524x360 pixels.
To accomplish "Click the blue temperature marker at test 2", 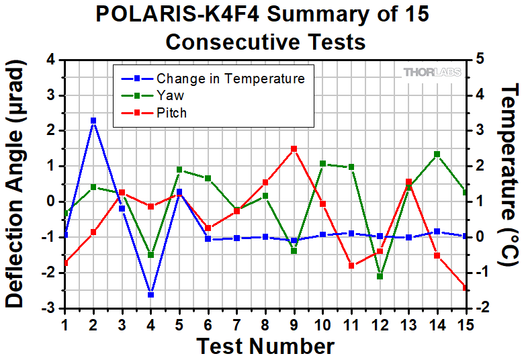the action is pyautogui.click(x=93, y=121).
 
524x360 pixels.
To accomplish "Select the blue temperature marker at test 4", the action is pyautogui.click(x=150, y=295).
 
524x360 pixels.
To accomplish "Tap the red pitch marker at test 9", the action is pyautogui.click(x=294, y=149).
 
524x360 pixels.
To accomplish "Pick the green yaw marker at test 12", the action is pyautogui.click(x=380, y=277).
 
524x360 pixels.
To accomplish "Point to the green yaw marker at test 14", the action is pyautogui.click(x=437, y=154).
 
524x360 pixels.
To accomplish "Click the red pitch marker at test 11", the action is pyautogui.click(x=351, y=266).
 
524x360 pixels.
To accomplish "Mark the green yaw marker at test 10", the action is pyautogui.click(x=323, y=163).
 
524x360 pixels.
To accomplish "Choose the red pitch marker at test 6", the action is pyautogui.click(x=208, y=228).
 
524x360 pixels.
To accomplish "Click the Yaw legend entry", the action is pyautogui.click(x=152, y=96).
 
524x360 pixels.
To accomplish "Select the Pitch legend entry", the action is pyautogui.click(x=154, y=113).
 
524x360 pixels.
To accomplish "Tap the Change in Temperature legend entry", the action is pyautogui.click(x=213, y=79).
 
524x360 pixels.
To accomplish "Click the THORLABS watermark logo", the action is pyautogui.click(x=432, y=72).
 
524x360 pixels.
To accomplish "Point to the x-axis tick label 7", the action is pyautogui.click(x=236, y=325).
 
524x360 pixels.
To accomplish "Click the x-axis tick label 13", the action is pyautogui.click(x=408, y=325).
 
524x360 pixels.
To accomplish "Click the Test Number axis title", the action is pyautogui.click(x=265, y=347).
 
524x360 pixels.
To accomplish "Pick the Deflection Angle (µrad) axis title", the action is pyautogui.click(x=15, y=184).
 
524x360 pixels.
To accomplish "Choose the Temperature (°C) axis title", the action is pyautogui.click(x=510, y=175).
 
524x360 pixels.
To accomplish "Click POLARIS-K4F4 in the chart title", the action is pyautogui.click(x=177, y=14).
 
